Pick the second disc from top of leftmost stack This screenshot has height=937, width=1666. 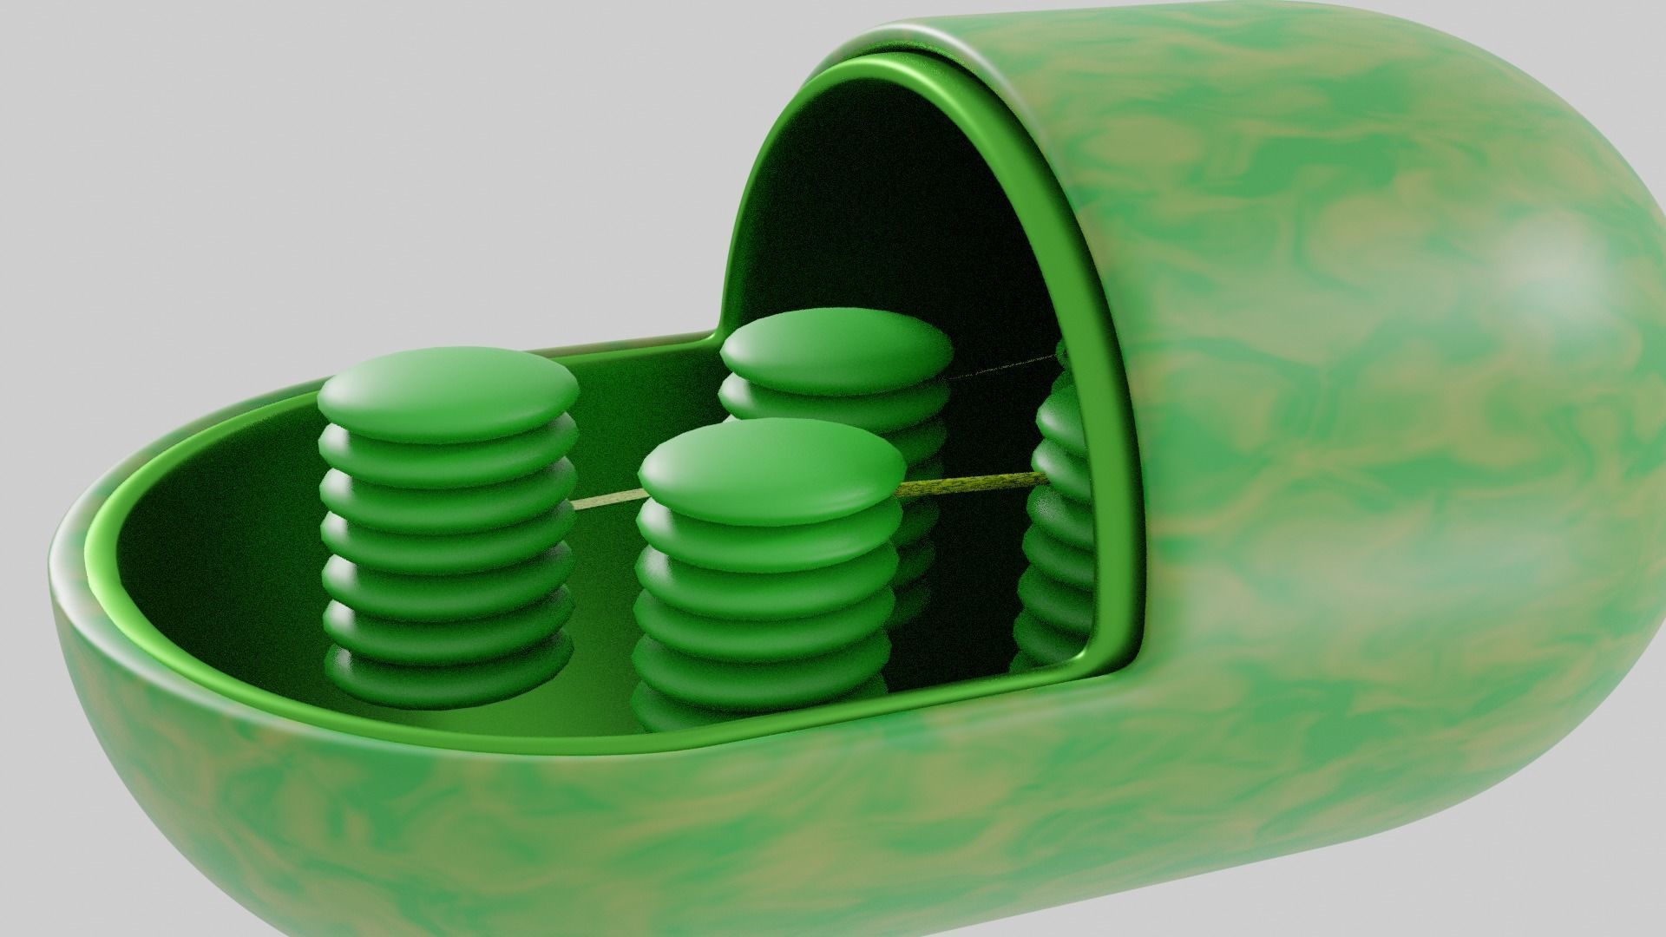[449, 448]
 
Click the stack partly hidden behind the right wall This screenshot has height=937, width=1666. [1059, 521]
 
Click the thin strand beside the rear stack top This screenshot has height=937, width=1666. [998, 370]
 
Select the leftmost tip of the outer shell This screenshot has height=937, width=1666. [52, 564]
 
